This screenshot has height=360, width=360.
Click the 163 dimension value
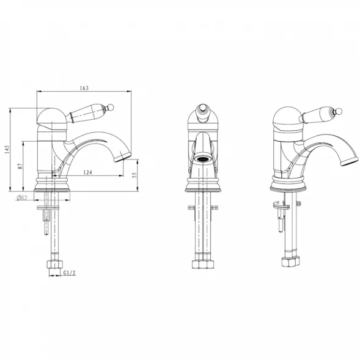point(84,88)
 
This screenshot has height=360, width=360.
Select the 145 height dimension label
point(7,150)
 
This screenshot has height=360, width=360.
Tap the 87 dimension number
point(20,166)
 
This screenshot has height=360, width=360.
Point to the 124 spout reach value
point(87,172)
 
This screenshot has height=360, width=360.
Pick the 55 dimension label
point(134,175)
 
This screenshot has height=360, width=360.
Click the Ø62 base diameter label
point(22,197)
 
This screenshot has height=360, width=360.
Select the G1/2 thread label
point(69,273)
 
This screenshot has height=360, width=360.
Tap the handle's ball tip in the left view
point(111,107)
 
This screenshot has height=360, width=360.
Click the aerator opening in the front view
point(202,159)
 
